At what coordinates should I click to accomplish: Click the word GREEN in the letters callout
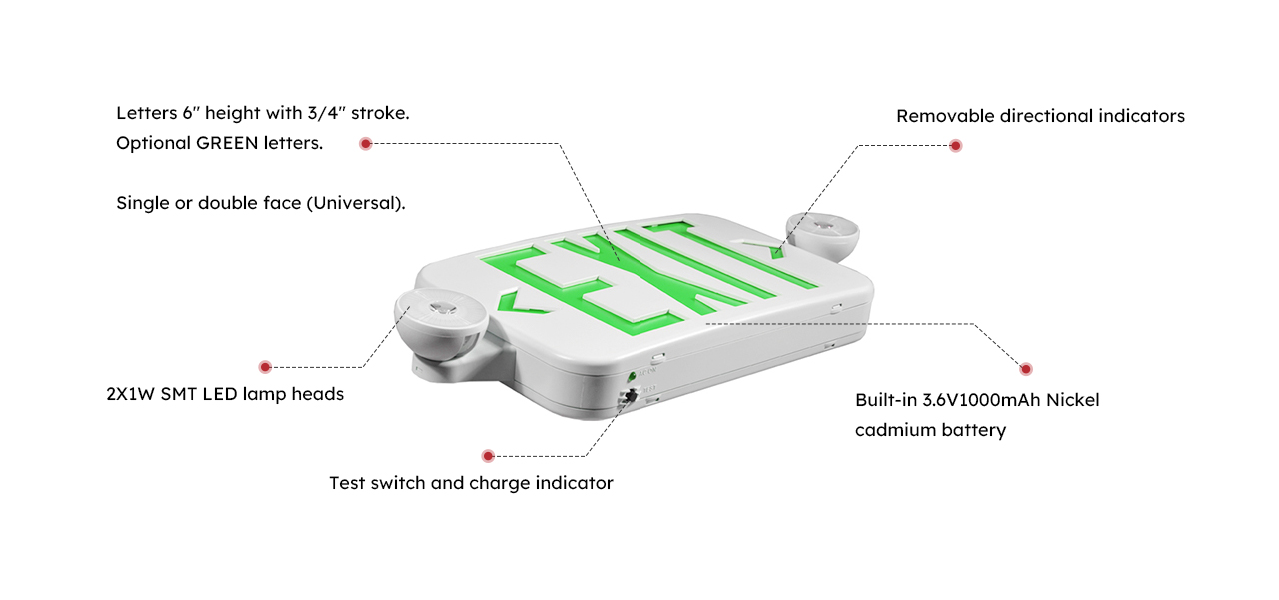227,143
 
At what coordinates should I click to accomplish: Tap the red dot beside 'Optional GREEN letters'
366,143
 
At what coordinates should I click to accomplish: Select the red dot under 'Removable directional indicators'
956,146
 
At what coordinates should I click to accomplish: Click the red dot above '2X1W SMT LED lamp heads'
265,367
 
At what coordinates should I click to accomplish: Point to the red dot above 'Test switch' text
487,456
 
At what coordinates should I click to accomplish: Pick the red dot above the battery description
1025,369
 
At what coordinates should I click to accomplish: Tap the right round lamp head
822,236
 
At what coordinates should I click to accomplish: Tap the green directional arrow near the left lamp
519,303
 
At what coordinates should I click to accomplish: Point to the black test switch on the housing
631,395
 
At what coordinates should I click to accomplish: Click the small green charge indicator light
632,377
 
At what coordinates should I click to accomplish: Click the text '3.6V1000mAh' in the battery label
981,400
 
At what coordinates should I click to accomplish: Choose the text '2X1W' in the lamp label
130,394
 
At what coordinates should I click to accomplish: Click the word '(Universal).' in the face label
356,203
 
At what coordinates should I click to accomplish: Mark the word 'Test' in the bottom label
347,483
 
